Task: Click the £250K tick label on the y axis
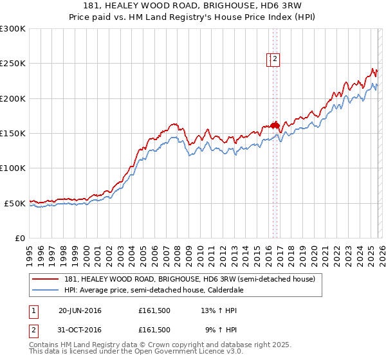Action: tap(13, 64)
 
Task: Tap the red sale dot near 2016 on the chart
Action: tap(274, 125)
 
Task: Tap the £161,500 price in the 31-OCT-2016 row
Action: tap(154, 330)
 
